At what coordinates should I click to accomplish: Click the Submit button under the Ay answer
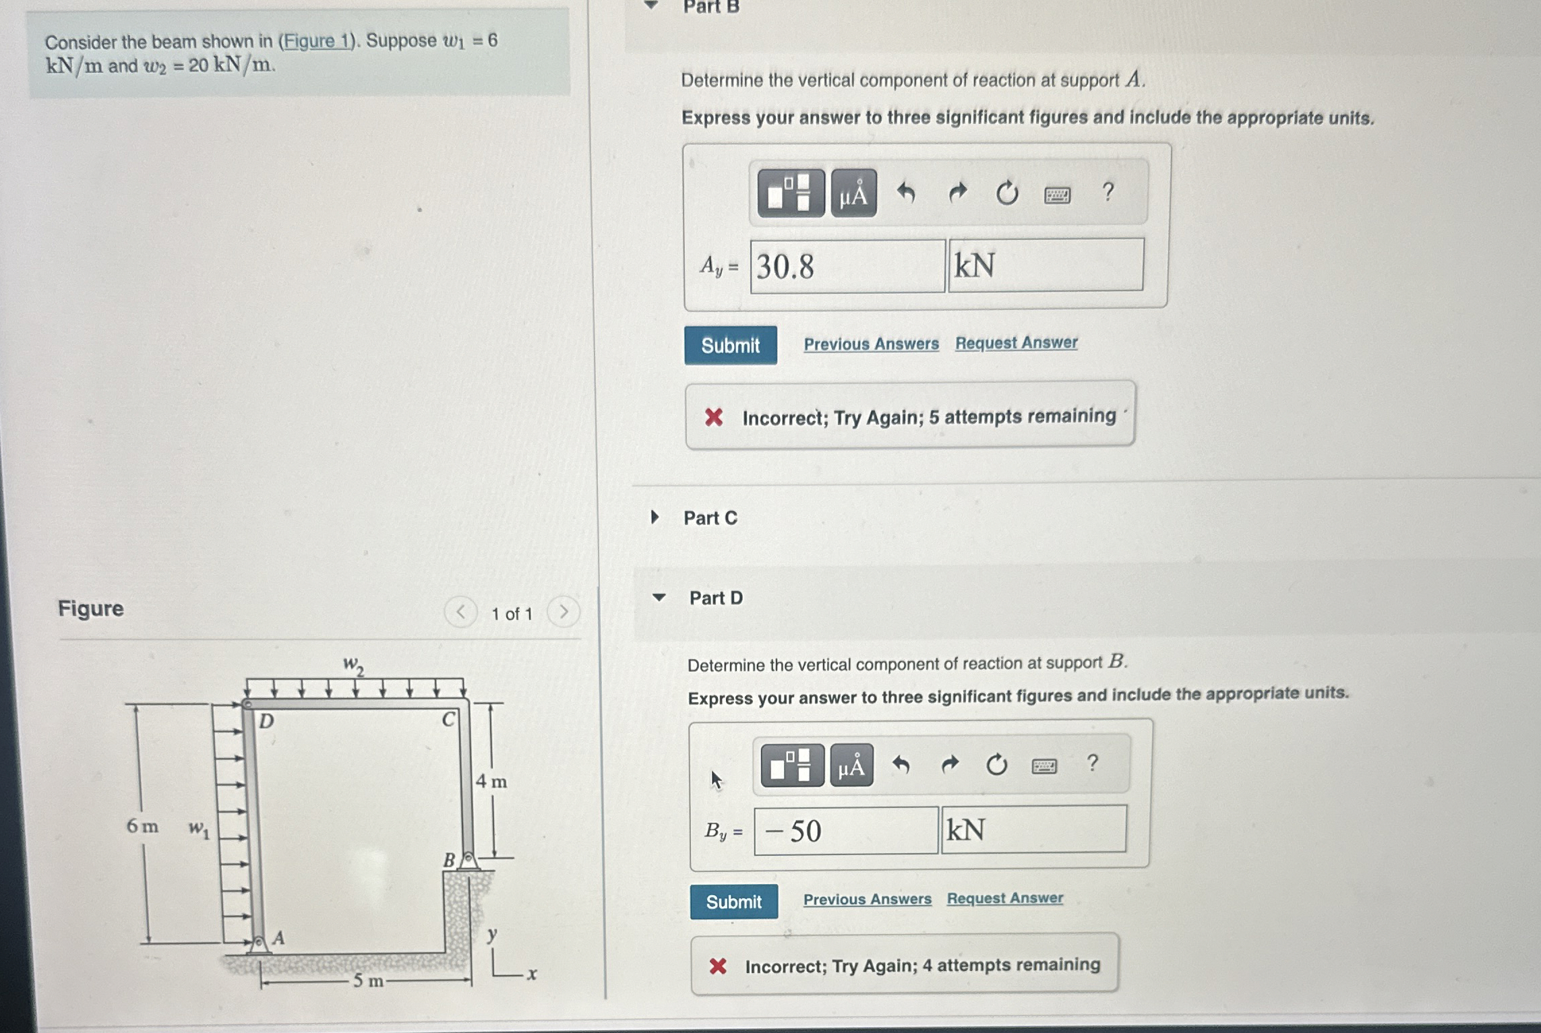730,345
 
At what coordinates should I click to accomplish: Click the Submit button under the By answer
733,902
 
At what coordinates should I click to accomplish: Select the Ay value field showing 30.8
847,266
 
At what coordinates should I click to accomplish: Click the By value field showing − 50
846,831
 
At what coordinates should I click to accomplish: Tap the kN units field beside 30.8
1046,265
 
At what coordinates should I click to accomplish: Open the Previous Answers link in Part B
871,344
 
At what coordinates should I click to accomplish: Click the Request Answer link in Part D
1004,898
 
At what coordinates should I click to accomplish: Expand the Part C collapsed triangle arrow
654,518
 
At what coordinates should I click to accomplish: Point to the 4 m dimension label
491,782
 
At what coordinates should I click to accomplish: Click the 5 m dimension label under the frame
368,980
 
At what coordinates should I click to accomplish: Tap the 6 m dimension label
142,825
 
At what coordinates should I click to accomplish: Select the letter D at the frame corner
266,721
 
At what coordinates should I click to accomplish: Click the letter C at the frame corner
448,720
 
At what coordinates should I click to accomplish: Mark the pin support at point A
258,943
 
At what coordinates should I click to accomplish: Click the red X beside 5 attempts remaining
714,417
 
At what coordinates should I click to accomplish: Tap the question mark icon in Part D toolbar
1092,763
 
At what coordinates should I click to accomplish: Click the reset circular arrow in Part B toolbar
1006,193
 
